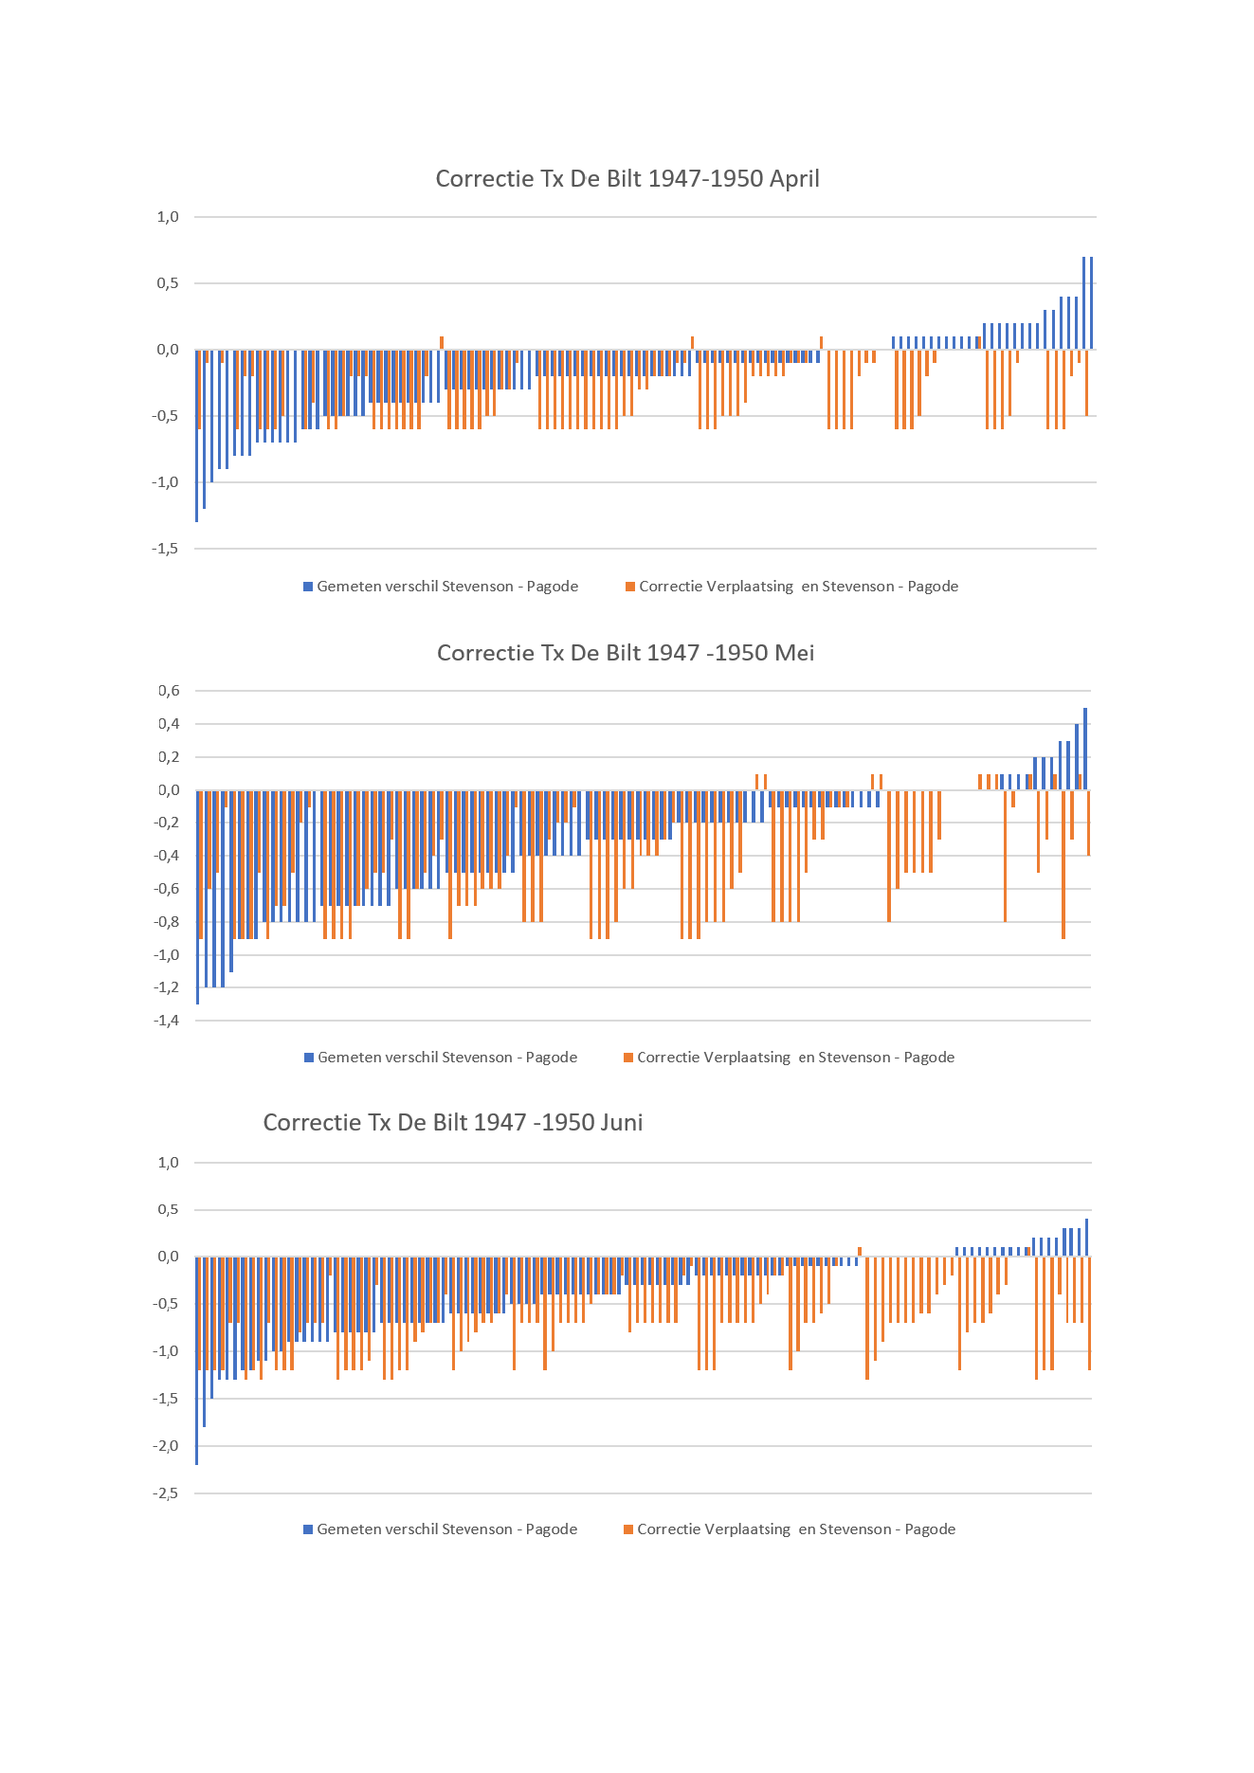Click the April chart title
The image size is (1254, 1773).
(627, 178)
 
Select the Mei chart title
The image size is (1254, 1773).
(626, 652)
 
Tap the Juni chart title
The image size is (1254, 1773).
(453, 1122)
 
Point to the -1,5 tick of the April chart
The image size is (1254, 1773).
(166, 549)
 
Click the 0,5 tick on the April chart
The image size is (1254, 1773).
(168, 283)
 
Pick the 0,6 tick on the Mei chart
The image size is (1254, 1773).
(169, 691)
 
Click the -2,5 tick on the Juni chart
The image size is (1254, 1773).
(166, 1493)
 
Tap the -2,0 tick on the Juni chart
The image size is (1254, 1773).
(166, 1446)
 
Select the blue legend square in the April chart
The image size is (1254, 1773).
(308, 587)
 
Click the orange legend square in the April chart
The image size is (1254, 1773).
(630, 587)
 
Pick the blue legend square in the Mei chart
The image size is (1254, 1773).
(309, 1058)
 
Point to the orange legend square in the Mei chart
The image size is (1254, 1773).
(628, 1058)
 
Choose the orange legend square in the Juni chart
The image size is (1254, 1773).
(628, 1529)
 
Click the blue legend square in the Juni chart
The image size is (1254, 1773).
(308, 1529)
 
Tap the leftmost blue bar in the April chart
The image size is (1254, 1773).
(196, 436)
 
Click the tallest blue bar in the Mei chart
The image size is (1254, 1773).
(1085, 749)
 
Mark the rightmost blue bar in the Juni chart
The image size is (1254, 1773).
(1086, 1238)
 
